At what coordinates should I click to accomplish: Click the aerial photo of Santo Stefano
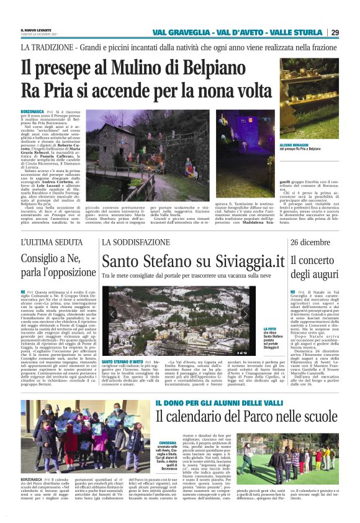(x=180, y=321)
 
